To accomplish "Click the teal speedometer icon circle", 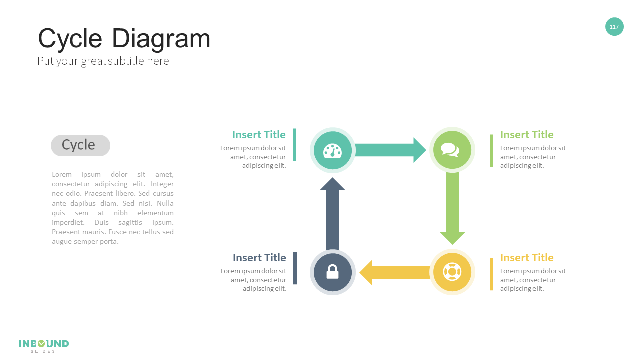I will (x=332, y=150).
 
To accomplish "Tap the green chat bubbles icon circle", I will (x=452, y=150).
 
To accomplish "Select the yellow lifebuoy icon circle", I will (x=452, y=272).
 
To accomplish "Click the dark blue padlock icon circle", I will (x=332, y=272).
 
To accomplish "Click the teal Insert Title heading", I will (x=259, y=135).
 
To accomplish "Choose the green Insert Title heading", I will (x=527, y=135).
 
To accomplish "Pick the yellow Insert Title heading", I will (x=527, y=258).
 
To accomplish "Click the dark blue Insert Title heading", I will (x=259, y=258).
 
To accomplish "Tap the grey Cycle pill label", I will (x=80, y=145).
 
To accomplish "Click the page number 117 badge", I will (x=614, y=27).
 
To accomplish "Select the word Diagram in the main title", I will (x=161, y=39).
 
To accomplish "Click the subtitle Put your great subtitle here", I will (x=103, y=61).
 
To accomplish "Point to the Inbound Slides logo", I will (x=44, y=345).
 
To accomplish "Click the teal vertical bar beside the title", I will (x=294, y=145).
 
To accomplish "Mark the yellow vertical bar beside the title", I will (x=491, y=274).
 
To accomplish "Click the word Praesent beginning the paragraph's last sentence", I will (x=65, y=232).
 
